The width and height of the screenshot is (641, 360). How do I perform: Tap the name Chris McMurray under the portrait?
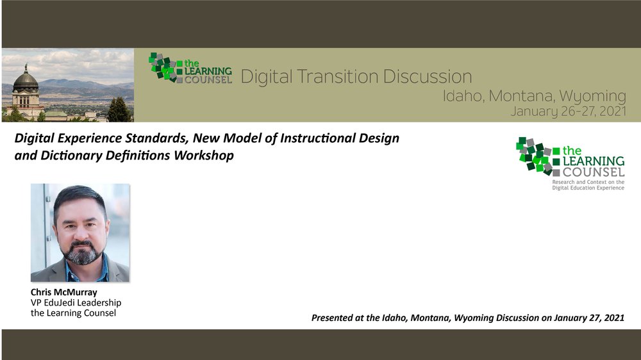pos(63,292)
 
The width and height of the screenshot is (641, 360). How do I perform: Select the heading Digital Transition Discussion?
pos(356,76)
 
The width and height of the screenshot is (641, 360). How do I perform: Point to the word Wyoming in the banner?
pos(592,97)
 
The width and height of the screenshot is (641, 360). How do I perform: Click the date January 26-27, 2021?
pos(568,111)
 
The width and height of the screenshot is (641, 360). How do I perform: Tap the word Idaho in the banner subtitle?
pos(464,95)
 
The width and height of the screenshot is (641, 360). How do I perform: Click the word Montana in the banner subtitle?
pos(522,95)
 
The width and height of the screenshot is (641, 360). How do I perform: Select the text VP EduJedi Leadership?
pos(76,303)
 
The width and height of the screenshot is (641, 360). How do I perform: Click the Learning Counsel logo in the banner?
pos(190,68)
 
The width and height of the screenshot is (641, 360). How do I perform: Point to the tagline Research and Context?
pos(588,184)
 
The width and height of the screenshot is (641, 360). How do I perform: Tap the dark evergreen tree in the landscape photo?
pos(119,110)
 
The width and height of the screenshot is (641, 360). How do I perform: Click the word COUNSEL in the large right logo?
pos(594,172)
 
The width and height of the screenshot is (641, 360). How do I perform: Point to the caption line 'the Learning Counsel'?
pos(73,313)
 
